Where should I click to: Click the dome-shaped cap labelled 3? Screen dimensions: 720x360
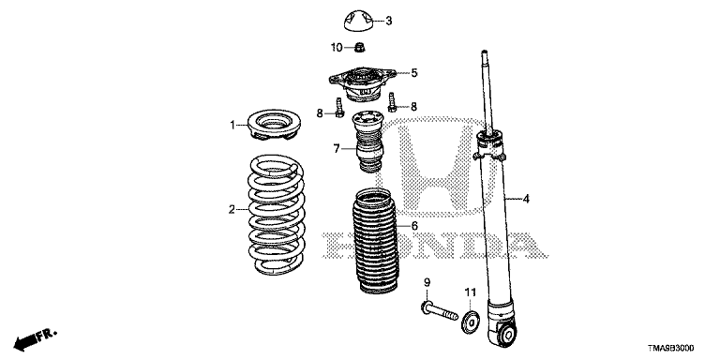click(357, 22)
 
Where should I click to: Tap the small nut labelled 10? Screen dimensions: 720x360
click(360, 46)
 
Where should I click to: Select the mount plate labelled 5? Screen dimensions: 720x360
click(362, 84)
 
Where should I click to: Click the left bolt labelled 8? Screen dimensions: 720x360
click(338, 108)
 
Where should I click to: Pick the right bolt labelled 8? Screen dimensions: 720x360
click(392, 102)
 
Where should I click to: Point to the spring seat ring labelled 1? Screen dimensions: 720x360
click(274, 124)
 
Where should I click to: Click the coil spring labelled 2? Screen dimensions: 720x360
click(277, 215)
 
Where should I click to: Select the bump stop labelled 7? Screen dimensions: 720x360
click(368, 142)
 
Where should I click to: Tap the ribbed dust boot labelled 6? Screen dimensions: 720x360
click(375, 241)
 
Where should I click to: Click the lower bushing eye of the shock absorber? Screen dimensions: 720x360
click(508, 334)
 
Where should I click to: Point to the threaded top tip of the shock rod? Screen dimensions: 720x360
click(484, 55)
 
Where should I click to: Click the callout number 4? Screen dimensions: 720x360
click(526, 199)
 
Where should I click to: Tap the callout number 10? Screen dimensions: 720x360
click(337, 47)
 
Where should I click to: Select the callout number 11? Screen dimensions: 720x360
click(471, 292)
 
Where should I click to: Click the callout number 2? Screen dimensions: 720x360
click(232, 210)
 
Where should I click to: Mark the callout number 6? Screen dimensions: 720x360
click(414, 225)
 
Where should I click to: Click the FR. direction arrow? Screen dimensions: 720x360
click(35, 339)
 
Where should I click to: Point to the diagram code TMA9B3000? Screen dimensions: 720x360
click(671, 348)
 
